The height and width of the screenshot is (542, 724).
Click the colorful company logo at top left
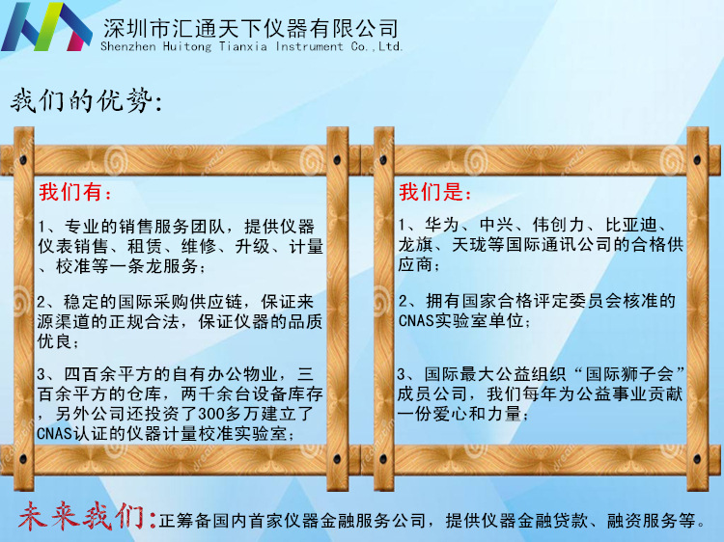[46, 27]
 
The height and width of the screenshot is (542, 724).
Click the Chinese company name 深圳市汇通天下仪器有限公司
[250, 27]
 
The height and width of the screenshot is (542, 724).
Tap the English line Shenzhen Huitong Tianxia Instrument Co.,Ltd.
[252, 46]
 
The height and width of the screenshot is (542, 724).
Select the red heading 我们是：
[436, 192]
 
